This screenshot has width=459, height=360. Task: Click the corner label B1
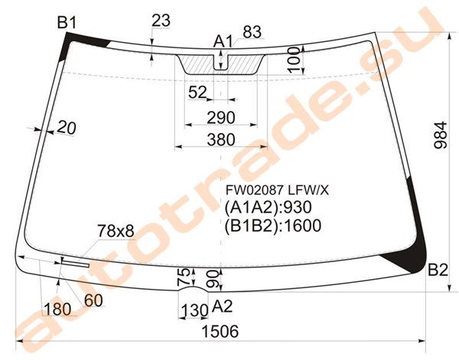67,22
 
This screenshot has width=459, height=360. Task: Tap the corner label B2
438,270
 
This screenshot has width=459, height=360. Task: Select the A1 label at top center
223,41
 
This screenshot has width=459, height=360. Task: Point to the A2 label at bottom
222,306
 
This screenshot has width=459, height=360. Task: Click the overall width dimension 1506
220,332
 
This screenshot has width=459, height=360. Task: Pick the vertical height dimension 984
441,135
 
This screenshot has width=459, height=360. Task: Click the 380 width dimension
221,140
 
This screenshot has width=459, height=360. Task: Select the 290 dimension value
221,118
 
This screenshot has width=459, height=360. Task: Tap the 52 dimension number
197,92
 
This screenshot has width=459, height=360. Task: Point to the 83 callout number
252,32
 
